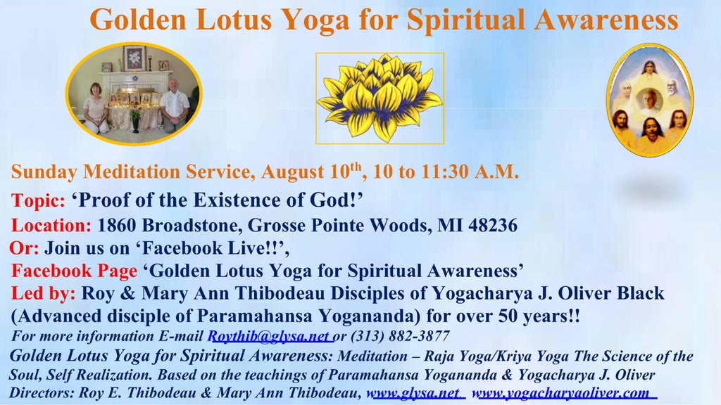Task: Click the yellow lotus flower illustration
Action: tap(380, 98)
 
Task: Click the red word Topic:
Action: tap(38, 200)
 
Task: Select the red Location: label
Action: tap(51, 226)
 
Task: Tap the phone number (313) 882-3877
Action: tap(400, 336)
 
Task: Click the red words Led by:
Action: tap(43, 293)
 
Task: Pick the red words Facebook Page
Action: tap(74, 271)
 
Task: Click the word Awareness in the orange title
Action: tap(606, 20)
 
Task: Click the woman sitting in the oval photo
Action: tap(96, 108)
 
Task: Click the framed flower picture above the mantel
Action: tap(134, 58)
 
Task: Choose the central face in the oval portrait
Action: tap(649, 100)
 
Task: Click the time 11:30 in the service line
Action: tap(445, 172)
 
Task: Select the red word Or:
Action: tap(25, 248)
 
